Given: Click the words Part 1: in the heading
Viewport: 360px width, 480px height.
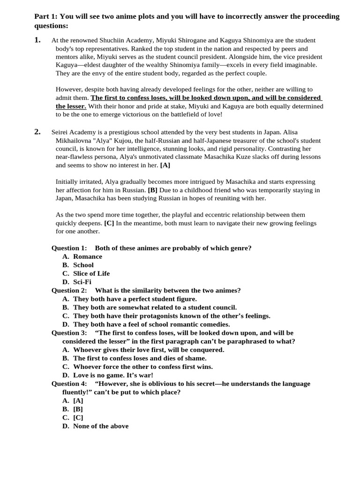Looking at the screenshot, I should [x=46, y=16].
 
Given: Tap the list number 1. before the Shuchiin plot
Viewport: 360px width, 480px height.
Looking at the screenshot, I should [x=37, y=40].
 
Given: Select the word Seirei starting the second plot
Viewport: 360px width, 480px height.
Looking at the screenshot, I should [x=61, y=132].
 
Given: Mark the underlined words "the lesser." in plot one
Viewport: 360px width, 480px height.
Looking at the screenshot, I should [x=71, y=106].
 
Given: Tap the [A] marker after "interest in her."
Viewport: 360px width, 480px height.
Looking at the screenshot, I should [x=165, y=165].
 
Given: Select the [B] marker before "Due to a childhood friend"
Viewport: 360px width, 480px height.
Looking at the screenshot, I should [x=152, y=190].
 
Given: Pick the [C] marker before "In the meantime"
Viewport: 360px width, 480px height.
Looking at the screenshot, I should [x=109, y=223].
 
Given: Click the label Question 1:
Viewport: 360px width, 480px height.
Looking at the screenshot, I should [x=69, y=248].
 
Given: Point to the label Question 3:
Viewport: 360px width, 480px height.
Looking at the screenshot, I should [x=69, y=333].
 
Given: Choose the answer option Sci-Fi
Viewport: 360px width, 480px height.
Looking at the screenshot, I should [x=82, y=282].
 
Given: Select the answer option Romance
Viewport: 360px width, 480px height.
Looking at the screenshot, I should [x=87, y=256].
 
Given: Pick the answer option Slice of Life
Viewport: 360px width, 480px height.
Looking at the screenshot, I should [x=91, y=273].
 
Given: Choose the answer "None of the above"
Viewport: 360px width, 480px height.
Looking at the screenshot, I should [x=100, y=426].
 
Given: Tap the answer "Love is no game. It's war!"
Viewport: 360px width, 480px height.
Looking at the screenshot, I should [x=113, y=375].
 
